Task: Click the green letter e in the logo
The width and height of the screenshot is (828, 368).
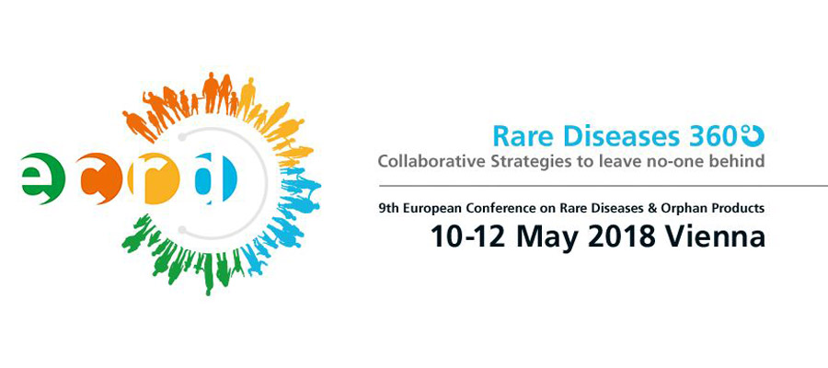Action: [42, 178]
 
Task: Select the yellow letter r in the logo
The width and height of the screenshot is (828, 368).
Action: [154, 178]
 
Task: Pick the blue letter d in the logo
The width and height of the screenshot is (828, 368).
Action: [216, 178]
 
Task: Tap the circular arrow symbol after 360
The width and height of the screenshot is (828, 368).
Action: [753, 136]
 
